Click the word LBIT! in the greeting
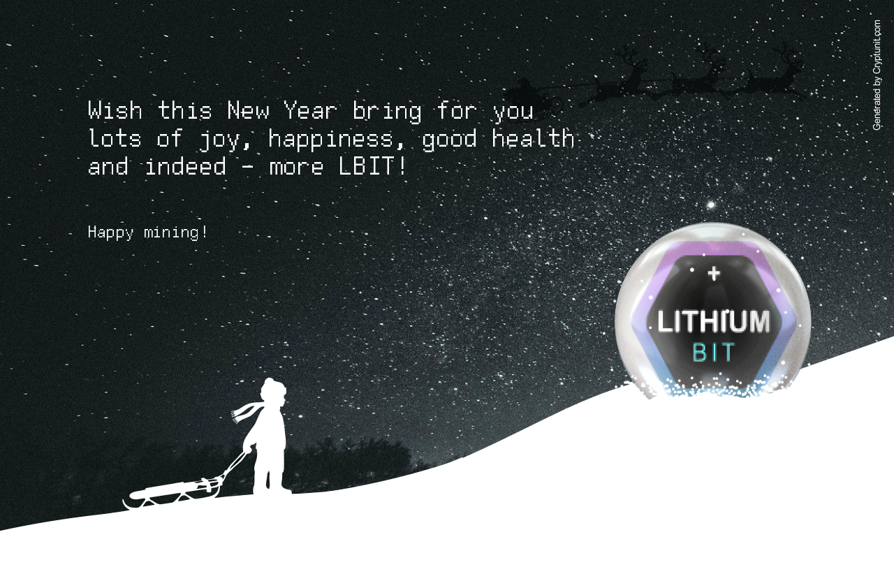(x=373, y=166)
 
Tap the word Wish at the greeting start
(x=115, y=110)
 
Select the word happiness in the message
(x=331, y=139)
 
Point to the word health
(x=533, y=138)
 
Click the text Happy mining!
(x=147, y=233)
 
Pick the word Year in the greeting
(x=310, y=110)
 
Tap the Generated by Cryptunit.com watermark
(x=877, y=75)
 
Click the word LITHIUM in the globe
(x=714, y=322)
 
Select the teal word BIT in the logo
(x=713, y=353)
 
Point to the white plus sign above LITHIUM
(x=714, y=274)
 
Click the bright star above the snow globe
(x=710, y=205)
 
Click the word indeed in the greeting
(x=186, y=166)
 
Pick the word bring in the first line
(x=387, y=112)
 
